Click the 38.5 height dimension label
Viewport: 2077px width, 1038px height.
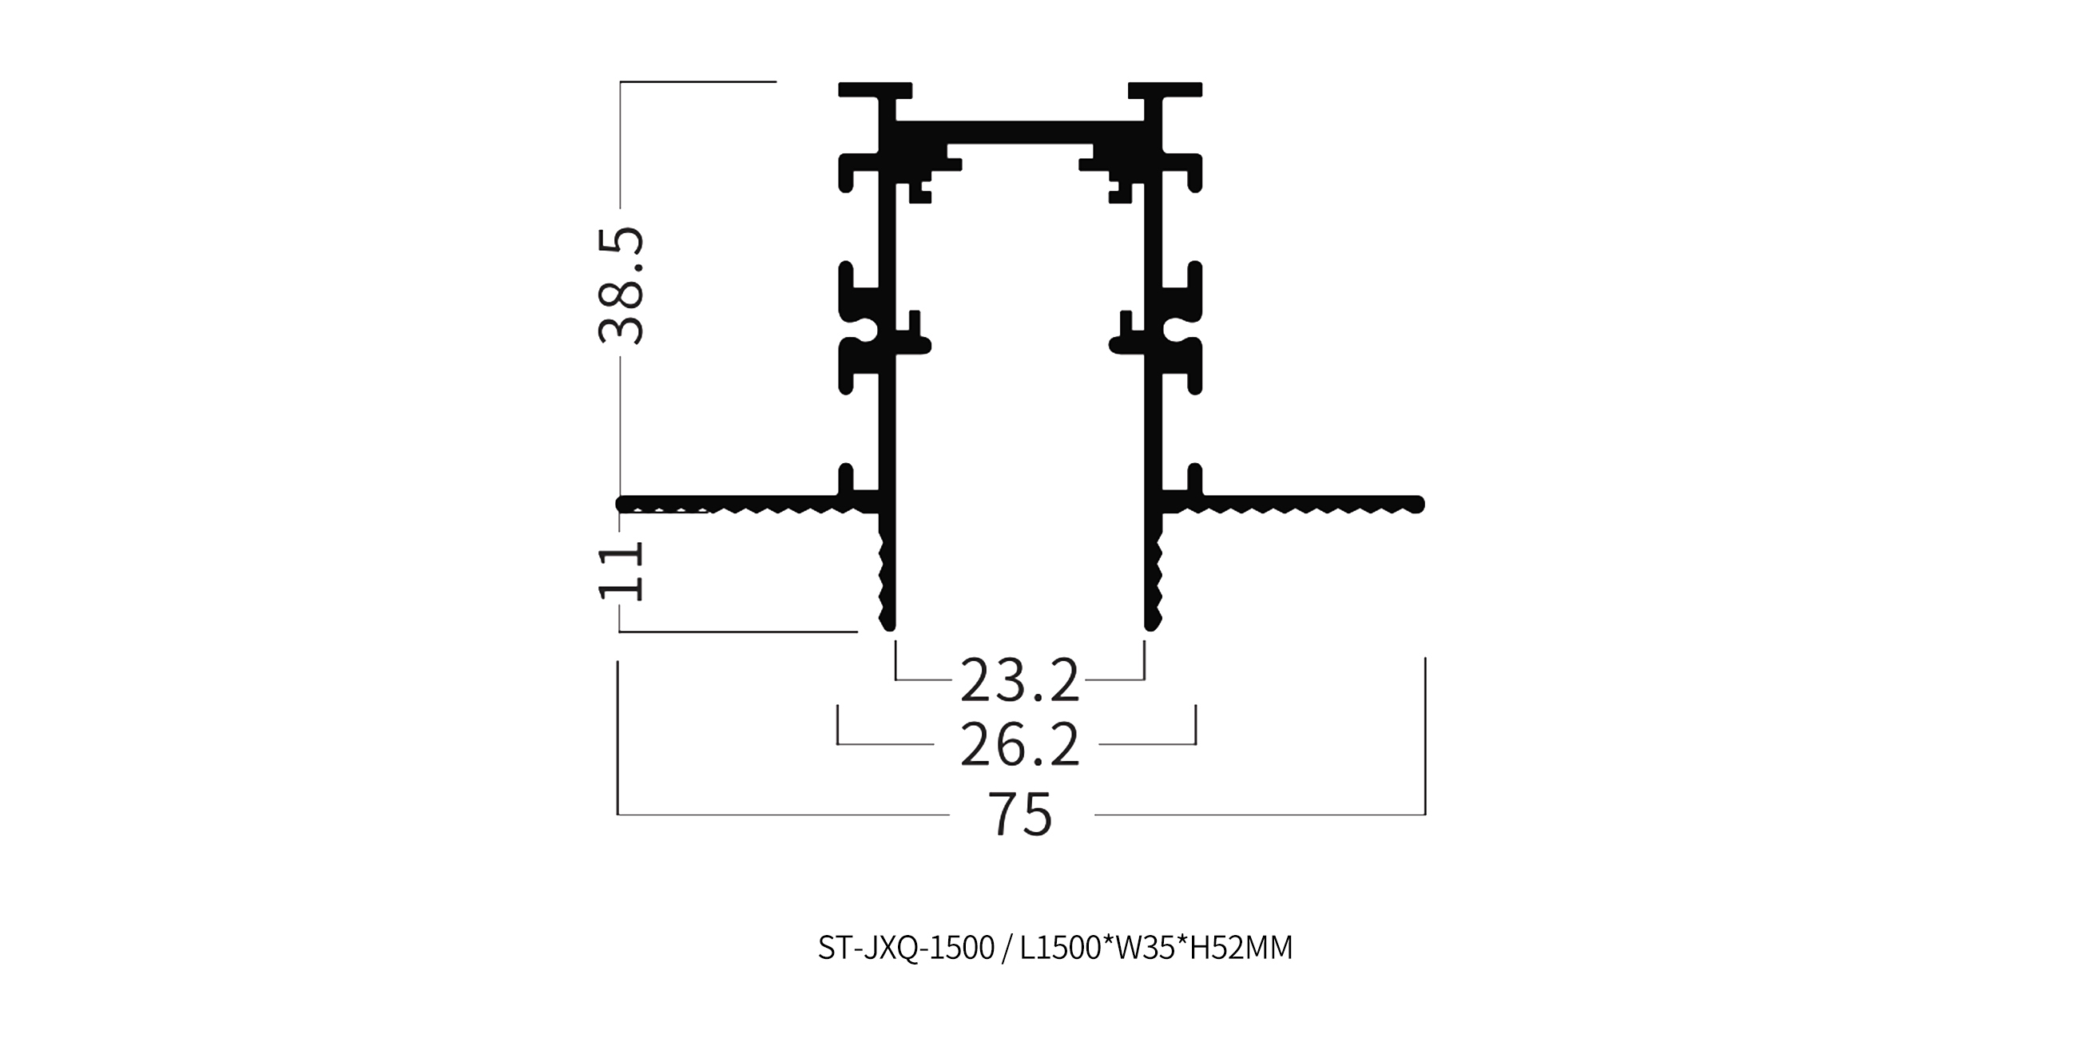621,285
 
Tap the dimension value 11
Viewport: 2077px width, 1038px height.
621,571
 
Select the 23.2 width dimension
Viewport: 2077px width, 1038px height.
1019,681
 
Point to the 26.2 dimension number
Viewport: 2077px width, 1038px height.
1019,746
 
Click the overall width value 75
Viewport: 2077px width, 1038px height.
1020,814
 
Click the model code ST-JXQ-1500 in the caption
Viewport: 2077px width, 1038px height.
906,948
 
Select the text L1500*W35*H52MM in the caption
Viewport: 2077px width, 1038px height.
1156,948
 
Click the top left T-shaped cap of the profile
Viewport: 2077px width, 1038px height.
876,89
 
